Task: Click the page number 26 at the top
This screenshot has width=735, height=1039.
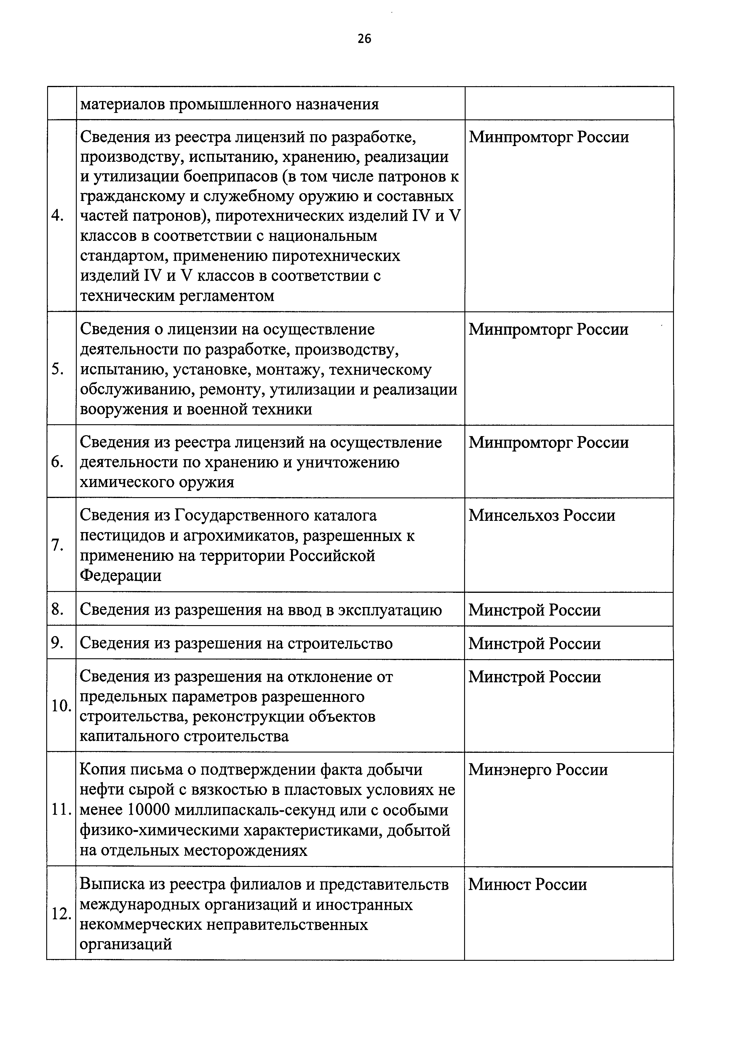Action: click(x=364, y=39)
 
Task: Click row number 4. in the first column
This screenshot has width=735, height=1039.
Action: click(x=57, y=216)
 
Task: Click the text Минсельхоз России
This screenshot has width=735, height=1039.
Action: click(x=542, y=516)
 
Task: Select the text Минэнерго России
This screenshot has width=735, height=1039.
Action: click(x=538, y=769)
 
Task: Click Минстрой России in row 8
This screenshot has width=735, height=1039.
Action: click(x=534, y=610)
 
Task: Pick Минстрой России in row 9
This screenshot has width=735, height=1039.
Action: click(x=534, y=643)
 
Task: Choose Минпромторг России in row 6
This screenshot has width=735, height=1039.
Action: click(x=549, y=442)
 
